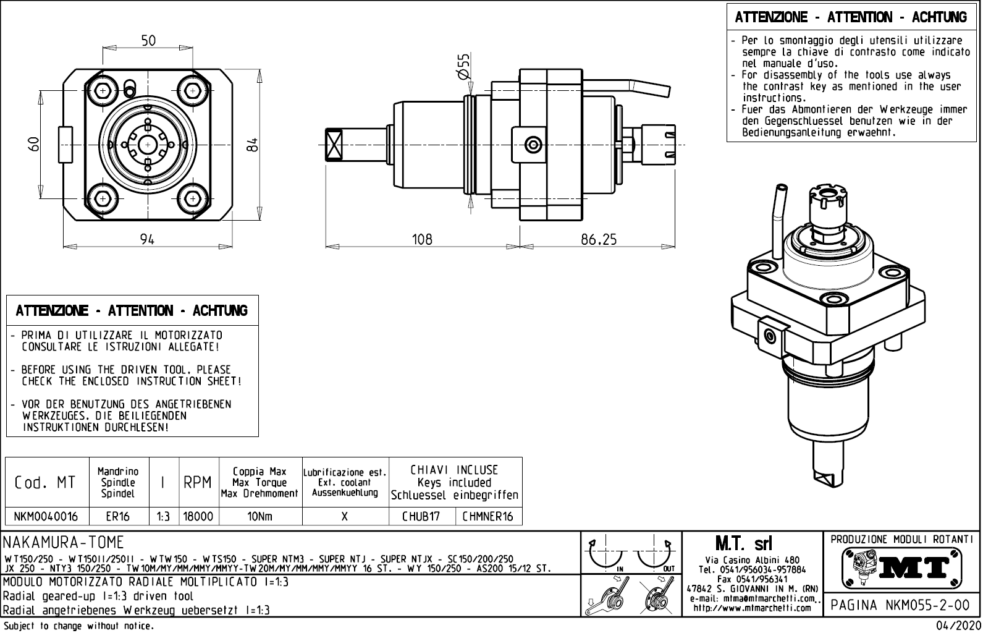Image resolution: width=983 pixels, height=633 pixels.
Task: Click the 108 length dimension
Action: click(423, 239)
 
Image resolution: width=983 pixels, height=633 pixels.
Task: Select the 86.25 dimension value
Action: click(598, 239)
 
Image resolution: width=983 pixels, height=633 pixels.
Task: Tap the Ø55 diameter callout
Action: click(463, 66)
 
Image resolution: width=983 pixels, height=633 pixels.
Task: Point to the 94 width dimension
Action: click(147, 239)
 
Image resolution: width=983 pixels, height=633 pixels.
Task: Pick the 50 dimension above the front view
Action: click(148, 41)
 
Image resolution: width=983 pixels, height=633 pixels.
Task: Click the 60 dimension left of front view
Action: click(35, 144)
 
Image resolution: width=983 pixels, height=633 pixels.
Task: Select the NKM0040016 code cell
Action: click(47, 517)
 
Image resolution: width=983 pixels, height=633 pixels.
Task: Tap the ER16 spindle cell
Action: click(118, 517)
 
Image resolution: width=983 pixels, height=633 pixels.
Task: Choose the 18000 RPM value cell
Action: click(198, 517)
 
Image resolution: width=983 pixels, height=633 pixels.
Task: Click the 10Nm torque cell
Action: click(259, 517)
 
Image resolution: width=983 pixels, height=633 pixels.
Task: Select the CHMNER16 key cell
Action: click(488, 517)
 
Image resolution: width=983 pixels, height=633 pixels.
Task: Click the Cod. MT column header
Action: click(45, 482)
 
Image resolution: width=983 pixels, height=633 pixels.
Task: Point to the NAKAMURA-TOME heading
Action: click(64, 543)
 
